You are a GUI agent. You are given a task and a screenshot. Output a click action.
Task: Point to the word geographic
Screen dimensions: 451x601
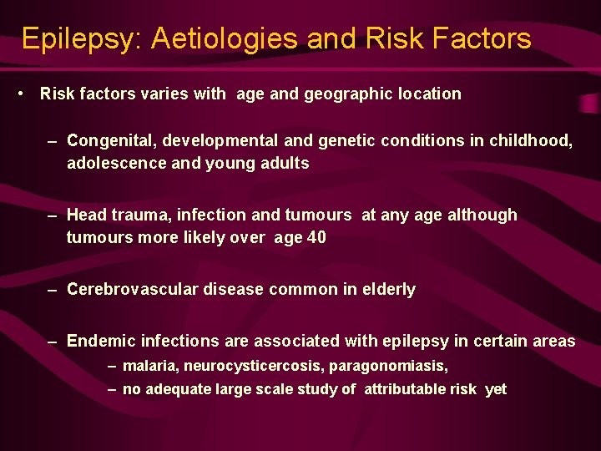(346, 94)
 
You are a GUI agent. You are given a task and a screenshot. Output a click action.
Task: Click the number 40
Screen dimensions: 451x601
(316, 237)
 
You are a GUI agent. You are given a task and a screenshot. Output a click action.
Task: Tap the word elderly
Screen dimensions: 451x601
(386, 290)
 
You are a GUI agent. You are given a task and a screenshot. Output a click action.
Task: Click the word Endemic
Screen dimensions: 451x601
(98, 341)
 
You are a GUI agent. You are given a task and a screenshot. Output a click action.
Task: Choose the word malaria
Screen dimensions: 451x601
(150, 367)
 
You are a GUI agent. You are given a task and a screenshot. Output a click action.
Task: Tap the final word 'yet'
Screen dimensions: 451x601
(496, 390)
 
